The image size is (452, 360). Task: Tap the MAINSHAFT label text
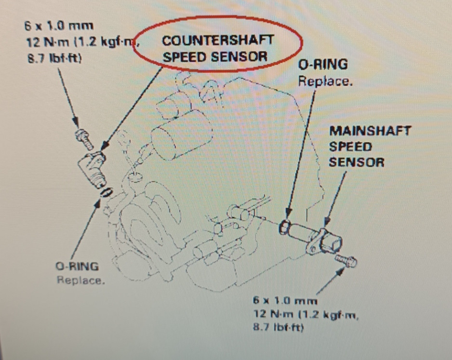click(x=370, y=131)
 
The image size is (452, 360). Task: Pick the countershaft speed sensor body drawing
click(x=93, y=167)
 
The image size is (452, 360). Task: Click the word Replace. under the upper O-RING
click(x=325, y=80)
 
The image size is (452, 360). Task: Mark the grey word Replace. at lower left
click(x=80, y=280)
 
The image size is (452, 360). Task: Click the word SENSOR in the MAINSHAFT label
click(x=357, y=162)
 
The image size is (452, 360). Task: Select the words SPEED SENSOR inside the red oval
click(x=215, y=56)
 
